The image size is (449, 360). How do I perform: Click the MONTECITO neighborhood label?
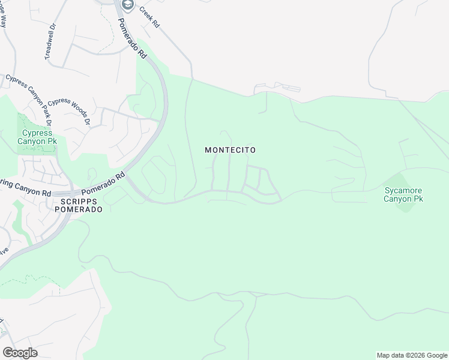[x=231, y=150]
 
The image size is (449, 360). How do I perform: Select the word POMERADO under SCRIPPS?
[x=78, y=210]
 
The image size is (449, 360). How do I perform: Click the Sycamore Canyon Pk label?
[x=404, y=194]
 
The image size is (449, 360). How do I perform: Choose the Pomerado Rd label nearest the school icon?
[x=131, y=38]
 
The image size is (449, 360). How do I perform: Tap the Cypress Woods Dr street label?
[x=68, y=111]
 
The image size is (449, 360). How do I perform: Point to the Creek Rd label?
[x=149, y=17]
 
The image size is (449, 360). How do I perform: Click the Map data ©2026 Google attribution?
[x=412, y=355]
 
